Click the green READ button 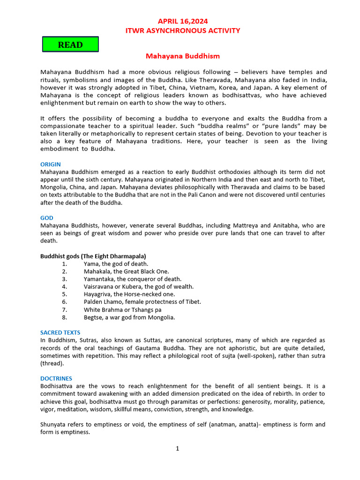[70, 45]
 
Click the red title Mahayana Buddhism [182, 56]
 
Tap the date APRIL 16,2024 [182, 22]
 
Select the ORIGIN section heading [50, 165]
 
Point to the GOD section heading [47, 218]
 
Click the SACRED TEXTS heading [60, 333]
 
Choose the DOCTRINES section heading [56, 378]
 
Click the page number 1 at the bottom [178, 449]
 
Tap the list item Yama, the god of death [116, 264]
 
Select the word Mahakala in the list [97, 271]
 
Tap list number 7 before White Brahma [64, 310]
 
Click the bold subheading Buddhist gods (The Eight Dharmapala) [93, 256]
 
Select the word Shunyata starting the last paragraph [54, 425]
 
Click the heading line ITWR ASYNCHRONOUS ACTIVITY [182, 31]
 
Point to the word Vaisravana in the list [99, 287]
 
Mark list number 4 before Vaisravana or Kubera [64, 287]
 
